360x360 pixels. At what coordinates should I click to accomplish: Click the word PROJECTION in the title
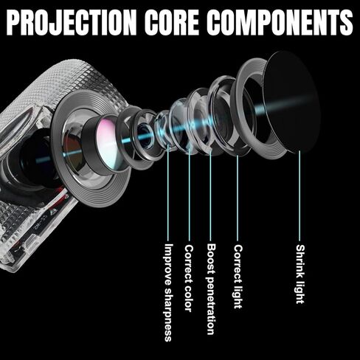click(x=72, y=22)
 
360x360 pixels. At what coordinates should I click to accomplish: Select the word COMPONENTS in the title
click(x=280, y=22)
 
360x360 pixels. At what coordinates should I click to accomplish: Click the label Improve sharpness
click(x=168, y=292)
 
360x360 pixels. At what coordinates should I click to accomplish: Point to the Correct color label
click(x=189, y=278)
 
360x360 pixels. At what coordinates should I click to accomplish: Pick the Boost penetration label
click(x=211, y=289)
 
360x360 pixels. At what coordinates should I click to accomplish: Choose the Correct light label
click(x=238, y=277)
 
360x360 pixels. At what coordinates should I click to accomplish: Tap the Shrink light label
click(x=300, y=274)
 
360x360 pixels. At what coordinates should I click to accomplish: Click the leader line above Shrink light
click(x=300, y=195)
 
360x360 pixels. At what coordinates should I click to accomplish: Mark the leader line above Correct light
click(x=238, y=198)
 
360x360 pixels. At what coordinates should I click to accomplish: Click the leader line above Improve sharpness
click(x=168, y=193)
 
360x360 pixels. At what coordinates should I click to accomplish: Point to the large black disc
click(x=291, y=102)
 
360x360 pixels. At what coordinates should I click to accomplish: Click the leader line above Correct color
click(x=190, y=195)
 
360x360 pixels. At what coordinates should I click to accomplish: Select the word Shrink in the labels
click(x=300, y=261)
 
